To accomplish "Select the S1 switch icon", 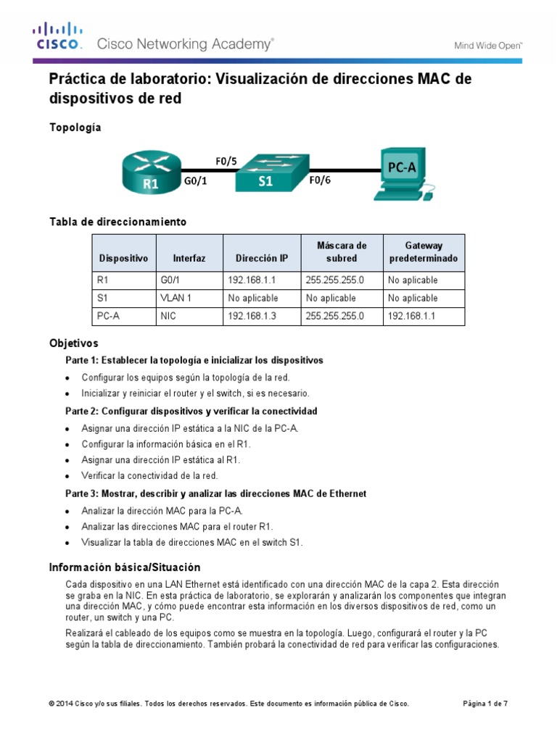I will click(265, 173).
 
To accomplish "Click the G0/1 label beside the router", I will click(196, 182).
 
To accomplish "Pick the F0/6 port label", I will click(320, 182).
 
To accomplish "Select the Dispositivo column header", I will click(123, 258).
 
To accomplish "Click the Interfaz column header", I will click(189, 258).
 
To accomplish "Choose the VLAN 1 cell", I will click(175, 298).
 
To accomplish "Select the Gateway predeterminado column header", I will click(424, 251).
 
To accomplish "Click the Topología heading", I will click(75, 128).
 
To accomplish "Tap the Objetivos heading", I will click(73, 343).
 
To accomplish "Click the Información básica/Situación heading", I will click(124, 567).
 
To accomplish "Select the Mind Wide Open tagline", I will click(488, 45).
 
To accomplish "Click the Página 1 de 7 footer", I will click(485, 704).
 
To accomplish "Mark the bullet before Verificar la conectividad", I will click(67, 476).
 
